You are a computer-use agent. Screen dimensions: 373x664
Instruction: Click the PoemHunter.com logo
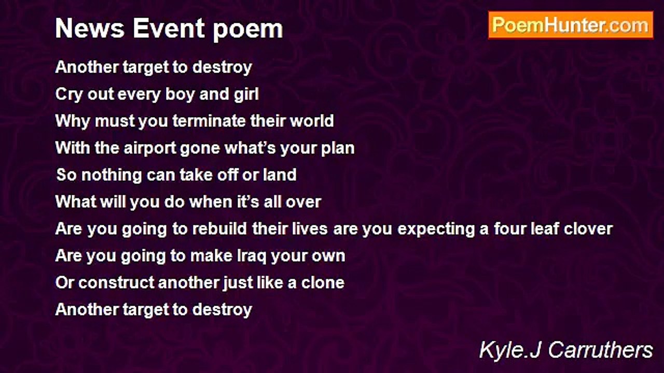click(571, 25)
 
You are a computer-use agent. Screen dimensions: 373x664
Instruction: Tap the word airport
click(150, 149)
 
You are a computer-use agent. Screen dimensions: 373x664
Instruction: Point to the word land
click(280, 175)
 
